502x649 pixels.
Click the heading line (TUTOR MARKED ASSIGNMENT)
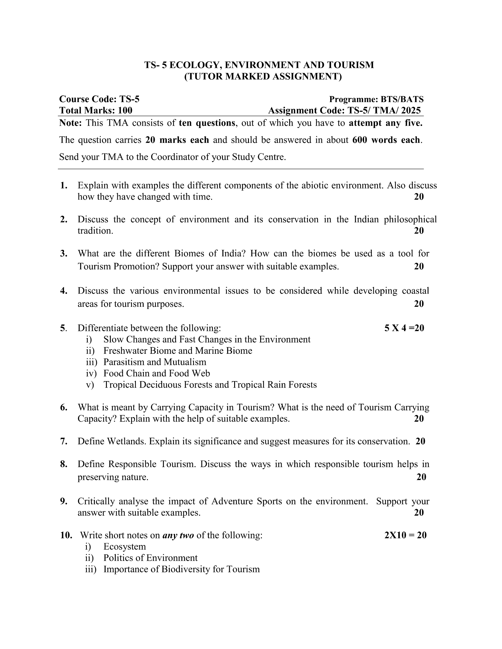[x=263, y=76]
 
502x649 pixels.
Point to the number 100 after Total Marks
[x=125, y=111]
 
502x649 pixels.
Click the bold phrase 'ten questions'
[x=207, y=123]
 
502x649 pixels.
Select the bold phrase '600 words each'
[x=386, y=140]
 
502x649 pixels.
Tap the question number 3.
[x=64, y=253]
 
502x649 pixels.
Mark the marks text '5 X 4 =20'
[x=404, y=328]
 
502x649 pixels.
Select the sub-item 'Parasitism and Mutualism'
[x=155, y=362]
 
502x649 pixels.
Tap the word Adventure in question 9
[x=232, y=501]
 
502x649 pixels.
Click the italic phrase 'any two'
[x=178, y=535]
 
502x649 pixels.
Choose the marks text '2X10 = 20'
[x=405, y=535]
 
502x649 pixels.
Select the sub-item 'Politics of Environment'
[x=150, y=558]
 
